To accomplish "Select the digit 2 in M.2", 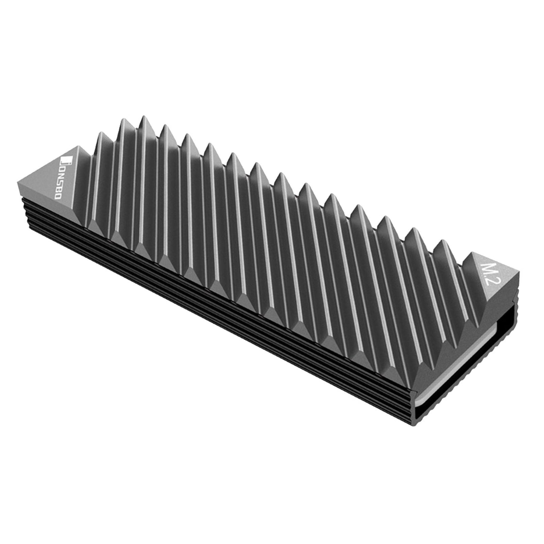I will tap(489, 287).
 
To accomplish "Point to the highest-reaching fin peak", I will tap(143, 118).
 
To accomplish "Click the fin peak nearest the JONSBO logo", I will tap(101, 134).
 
